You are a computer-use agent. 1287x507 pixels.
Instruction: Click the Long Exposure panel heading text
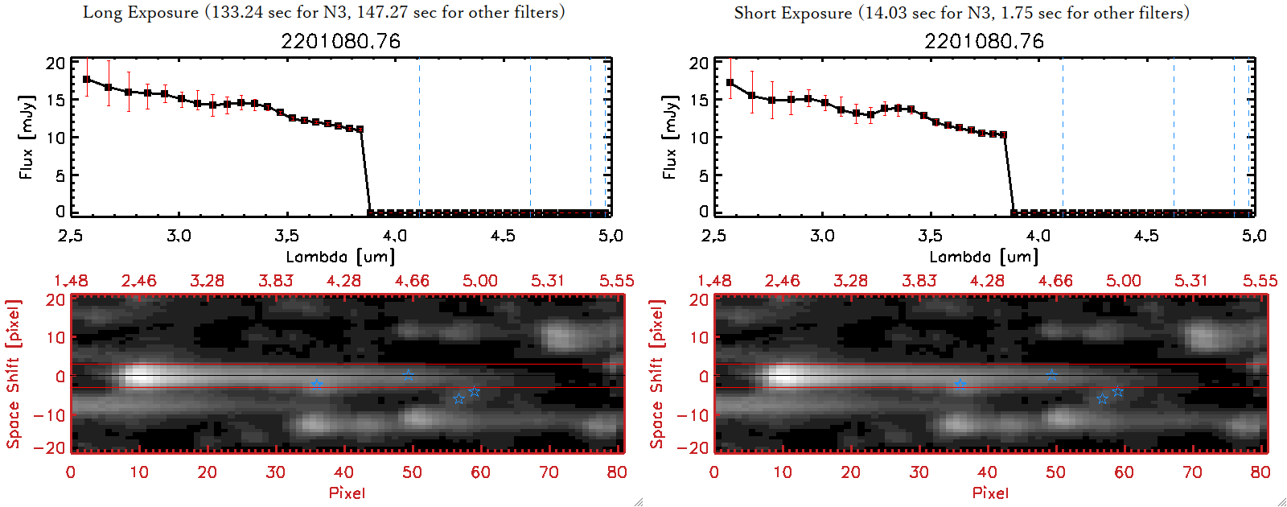coord(323,12)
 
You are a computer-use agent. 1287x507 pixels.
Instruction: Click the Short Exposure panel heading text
coord(961,13)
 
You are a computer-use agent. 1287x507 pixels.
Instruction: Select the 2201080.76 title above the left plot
coord(340,41)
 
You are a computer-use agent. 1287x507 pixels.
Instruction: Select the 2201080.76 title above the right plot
coord(984,41)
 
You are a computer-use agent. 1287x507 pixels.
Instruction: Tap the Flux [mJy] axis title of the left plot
coord(27,137)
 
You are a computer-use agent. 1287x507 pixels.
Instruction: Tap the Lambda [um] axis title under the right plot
coord(984,257)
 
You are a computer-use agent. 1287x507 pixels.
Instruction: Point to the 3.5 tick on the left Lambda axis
coord(286,236)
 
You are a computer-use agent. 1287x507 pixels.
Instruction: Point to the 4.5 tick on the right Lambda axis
coord(1146,236)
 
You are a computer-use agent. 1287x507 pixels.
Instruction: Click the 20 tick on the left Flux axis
coord(56,64)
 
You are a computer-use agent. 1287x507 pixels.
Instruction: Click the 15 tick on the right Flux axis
coord(699,101)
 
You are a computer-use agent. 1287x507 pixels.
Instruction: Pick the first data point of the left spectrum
coord(87,80)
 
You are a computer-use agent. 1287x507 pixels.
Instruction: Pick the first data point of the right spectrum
coord(730,83)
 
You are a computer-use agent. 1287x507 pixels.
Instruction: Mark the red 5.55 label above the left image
coord(616,281)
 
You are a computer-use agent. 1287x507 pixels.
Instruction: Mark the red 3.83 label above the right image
coord(919,281)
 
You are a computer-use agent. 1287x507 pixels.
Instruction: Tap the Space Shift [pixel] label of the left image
coord(13,374)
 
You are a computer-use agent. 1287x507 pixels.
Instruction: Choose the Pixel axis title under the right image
coord(990,493)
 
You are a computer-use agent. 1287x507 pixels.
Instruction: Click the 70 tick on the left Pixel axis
coord(549,472)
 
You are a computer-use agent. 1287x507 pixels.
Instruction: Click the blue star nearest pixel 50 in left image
coord(409,375)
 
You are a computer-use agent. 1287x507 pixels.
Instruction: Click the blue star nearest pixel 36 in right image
coord(960,385)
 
